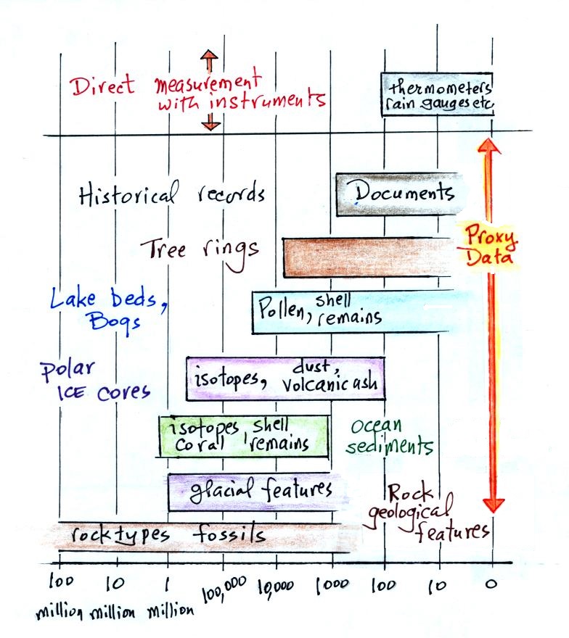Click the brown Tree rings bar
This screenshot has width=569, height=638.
tap(367, 257)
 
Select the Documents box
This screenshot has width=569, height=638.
tap(397, 194)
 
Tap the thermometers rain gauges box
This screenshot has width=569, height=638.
tap(438, 96)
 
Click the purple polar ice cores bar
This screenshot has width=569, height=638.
tap(285, 378)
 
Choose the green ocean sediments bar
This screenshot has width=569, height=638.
tap(244, 436)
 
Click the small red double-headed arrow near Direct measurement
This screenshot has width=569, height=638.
tap(210, 90)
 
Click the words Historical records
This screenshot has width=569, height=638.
tap(171, 194)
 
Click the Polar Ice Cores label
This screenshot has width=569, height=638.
tap(95, 380)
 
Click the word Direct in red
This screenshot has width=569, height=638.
tap(103, 86)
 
